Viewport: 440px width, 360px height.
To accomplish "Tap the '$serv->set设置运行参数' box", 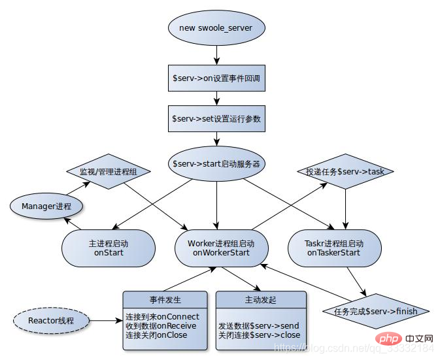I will pyautogui.click(x=217, y=119).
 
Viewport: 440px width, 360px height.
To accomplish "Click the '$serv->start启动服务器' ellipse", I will pyautogui.click(x=216, y=163).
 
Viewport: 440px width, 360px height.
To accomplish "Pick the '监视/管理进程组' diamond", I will pyautogui.click(x=109, y=172).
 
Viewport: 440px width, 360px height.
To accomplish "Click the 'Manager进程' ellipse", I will pyautogui.click(x=47, y=207).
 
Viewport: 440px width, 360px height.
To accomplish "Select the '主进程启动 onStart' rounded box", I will pyautogui.click(x=109, y=248).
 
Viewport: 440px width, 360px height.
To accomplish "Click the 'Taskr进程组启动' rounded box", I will pyautogui.click(x=333, y=248).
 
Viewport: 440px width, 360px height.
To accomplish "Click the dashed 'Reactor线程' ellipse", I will pyautogui.click(x=52, y=321).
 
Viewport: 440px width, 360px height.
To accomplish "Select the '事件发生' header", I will pyautogui.click(x=165, y=300).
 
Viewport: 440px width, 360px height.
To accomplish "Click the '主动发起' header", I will pyautogui.click(x=260, y=300).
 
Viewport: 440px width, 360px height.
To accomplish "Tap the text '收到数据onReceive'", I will pyautogui.click(x=160, y=326).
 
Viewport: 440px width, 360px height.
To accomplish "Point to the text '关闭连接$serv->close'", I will pyautogui.click(x=260, y=335).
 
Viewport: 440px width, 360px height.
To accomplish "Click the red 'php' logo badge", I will pyautogui.click(x=387, y=340).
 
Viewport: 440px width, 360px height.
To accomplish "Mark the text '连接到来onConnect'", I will pyautogui.click(x=162, y=317).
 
